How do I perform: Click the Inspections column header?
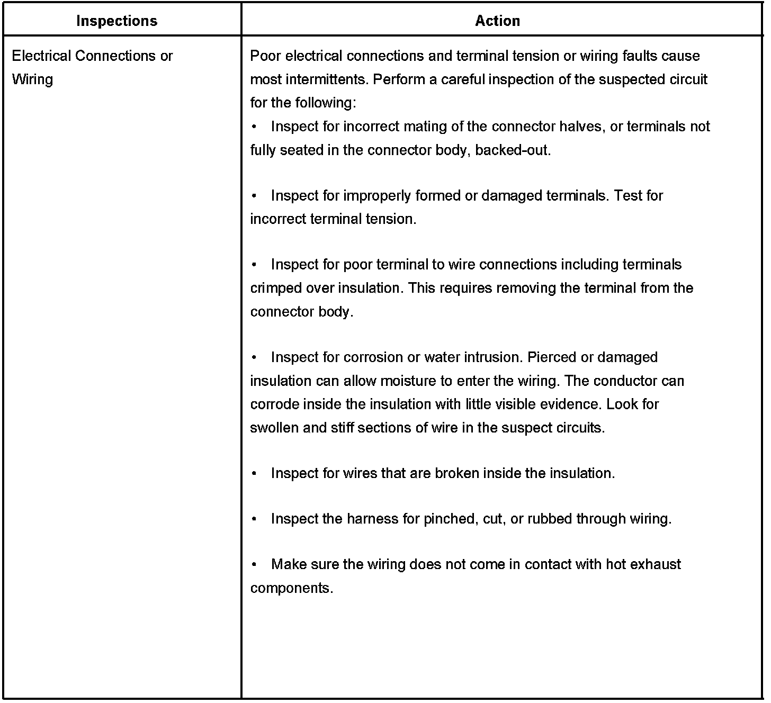coord(116,21)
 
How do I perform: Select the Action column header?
coord(497,21)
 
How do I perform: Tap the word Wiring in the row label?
coord(32,79)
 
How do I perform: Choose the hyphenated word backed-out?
coord(513,150)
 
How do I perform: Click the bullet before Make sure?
coord(255,564)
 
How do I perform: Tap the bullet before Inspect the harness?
coord(255,519)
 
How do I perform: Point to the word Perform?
coord(397,79)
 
